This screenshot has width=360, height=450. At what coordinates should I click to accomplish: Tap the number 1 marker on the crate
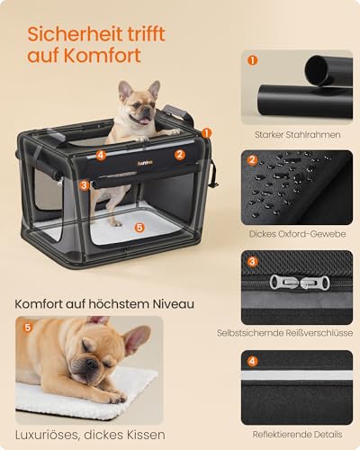(x=208, y=131)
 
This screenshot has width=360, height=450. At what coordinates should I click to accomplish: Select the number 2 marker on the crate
(x=179, y=155)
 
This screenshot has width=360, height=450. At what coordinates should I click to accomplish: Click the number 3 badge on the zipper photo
(x=253, y=261)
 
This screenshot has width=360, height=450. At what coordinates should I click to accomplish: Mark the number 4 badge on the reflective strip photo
(x=253, y=361)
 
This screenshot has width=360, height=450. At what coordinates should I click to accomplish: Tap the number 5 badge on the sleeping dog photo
(x=27, y=327)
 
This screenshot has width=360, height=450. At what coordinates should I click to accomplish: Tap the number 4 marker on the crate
(x=101, y=155)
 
